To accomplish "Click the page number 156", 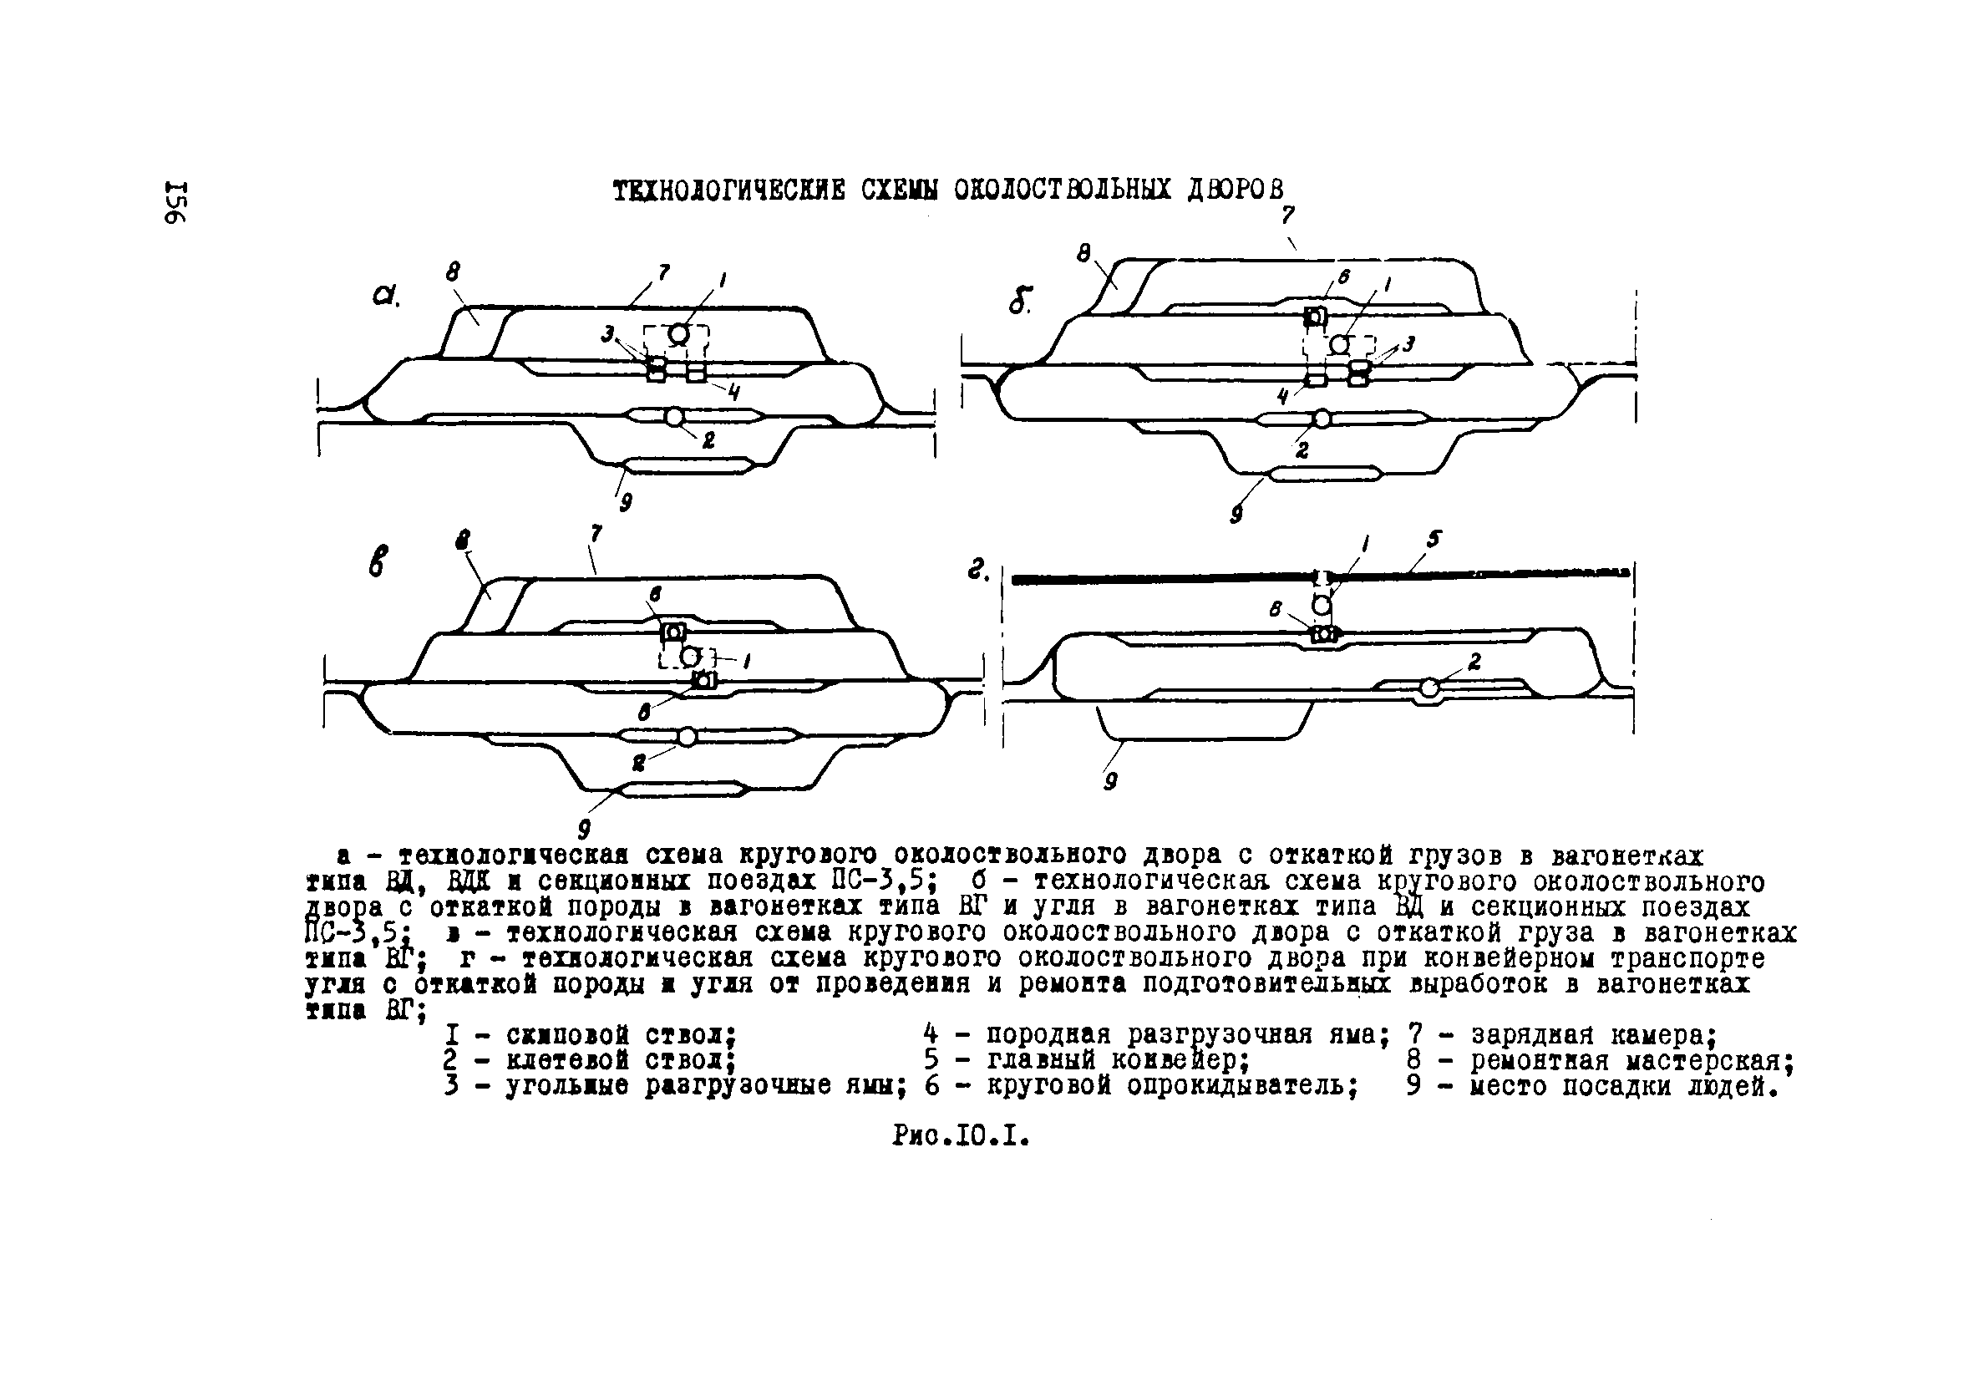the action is point(175,203).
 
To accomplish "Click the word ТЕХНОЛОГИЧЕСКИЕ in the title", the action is point(729,190).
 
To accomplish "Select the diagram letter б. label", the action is point(1021,300).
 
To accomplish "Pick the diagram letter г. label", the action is point(978,570).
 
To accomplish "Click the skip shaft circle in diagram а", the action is point(679,333).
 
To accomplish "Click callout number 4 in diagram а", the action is point(733,392).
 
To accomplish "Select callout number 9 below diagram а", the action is point(626,502).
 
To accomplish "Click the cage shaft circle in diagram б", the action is point(1322,419).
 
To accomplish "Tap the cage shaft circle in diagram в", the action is point(687,737).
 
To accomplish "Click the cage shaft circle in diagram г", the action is point(1428,688).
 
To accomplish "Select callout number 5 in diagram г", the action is point(1434,539).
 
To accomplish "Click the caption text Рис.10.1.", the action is point(962,1137).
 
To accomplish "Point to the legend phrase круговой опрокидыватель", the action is point(1173,1086).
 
